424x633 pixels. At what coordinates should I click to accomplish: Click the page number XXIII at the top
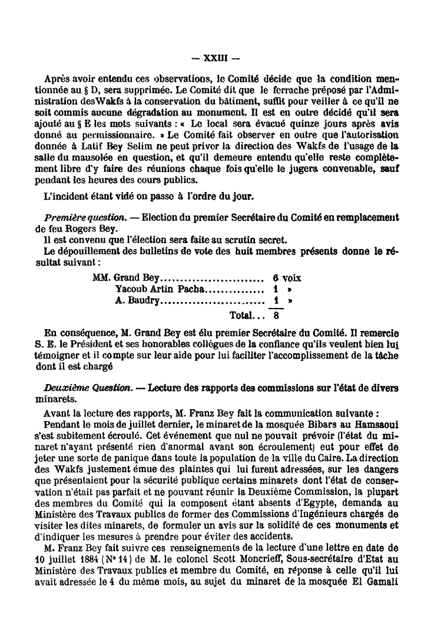coord(212,58)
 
